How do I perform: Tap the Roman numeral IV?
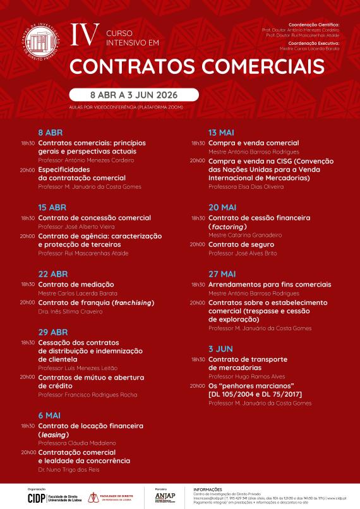pos(83,35)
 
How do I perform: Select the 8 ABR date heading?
pos(50,133)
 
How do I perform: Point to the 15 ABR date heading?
pos(52,207)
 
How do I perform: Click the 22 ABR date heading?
pos(52,274)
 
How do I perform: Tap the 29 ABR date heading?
pos(52,332)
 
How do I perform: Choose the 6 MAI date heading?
pos(50,416)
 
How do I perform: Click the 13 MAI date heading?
pos(222,133)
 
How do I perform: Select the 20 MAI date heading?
pos(222,207)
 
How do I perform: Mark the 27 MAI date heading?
pos(222,274)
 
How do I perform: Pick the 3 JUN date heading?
pos(220,349)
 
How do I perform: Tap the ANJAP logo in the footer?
pos(165,496)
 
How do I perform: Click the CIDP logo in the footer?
pos(35,498)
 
